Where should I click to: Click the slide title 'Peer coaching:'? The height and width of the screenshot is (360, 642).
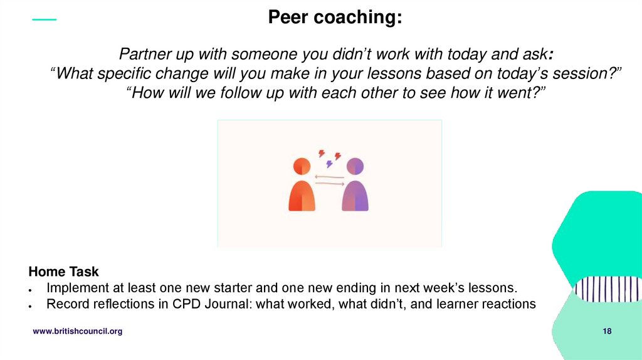[x=335, y=18]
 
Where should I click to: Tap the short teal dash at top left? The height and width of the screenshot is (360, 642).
[x=44, y=20]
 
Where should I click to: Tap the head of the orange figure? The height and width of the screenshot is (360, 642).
[x=302, y=166]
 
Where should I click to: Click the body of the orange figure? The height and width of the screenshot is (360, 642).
[x=302, y=196]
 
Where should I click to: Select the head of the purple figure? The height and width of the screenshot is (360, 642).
[x=355, y=166]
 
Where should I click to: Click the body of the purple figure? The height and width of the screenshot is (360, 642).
[x=355, y=196]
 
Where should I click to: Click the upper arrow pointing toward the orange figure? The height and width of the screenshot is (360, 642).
[x=329, y=177]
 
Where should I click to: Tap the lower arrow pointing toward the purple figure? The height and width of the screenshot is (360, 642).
[x=329, y=183]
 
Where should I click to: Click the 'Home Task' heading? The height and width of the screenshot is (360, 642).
[x=63, y=272]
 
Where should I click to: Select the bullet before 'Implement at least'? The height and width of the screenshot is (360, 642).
[x=31, y=289]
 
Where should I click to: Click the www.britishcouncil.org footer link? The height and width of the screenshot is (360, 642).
[x=78, y=331]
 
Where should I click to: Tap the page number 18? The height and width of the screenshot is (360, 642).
[x=607, y=331]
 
